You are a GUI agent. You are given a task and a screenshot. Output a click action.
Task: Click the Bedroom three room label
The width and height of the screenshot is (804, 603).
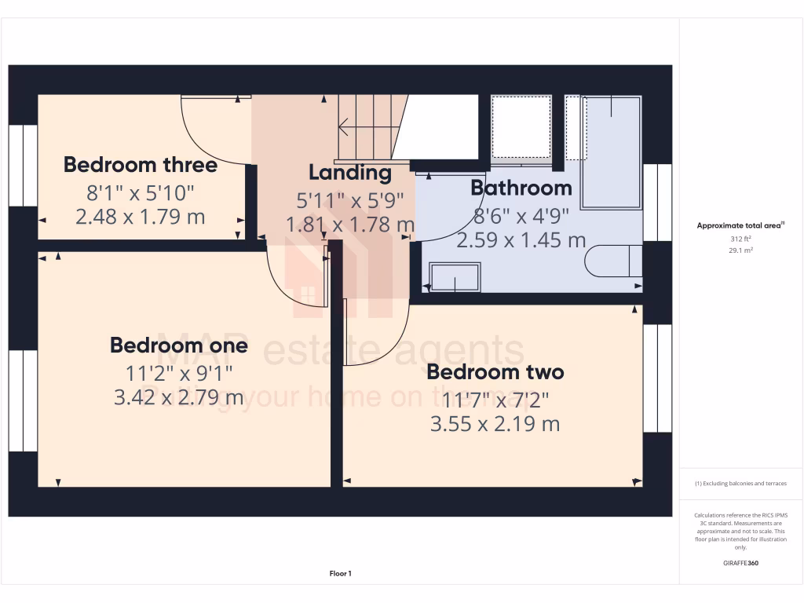coord(141,165)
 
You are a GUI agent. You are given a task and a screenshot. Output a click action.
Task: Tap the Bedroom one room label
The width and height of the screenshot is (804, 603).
coord(179,345)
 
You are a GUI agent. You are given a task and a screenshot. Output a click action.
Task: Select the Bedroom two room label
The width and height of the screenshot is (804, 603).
coord(495,371)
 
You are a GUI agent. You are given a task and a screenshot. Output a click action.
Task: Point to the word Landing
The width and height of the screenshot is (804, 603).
coord(349,172)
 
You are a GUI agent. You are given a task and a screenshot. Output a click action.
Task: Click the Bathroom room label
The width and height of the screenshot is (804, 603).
coord(521,188)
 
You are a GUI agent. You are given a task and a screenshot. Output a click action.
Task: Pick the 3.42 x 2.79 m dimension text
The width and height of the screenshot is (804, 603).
coord(179,397)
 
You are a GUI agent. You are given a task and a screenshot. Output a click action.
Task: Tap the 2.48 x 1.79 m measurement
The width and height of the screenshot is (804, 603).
coord(141,216)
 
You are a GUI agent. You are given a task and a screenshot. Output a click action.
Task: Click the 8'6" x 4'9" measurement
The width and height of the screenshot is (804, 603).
coord(521,214)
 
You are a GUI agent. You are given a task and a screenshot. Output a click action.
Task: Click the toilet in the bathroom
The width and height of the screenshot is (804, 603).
coord(616,261)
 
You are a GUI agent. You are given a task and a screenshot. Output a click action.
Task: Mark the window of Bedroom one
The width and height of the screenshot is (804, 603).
coord(23,400)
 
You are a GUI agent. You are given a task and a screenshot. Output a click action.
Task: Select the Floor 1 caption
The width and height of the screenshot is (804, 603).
coord(340,574)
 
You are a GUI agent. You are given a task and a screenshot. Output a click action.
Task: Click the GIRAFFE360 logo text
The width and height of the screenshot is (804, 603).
coord(741,563)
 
